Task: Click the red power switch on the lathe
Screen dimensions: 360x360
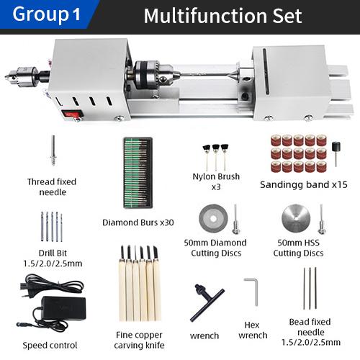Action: [x=71, y=113]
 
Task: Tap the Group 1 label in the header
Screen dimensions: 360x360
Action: [x=48, y=14]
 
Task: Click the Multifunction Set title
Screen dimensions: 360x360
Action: [x=223, y=15]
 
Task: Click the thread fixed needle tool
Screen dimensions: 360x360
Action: [x=53, y=153]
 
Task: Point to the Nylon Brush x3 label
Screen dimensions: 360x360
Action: [x=216, y=181]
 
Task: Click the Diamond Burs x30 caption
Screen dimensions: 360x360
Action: [x=139, y=222]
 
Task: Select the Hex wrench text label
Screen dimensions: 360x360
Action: [x=253, y=330]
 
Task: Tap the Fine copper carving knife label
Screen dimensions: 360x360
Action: [x=139, y=340]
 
